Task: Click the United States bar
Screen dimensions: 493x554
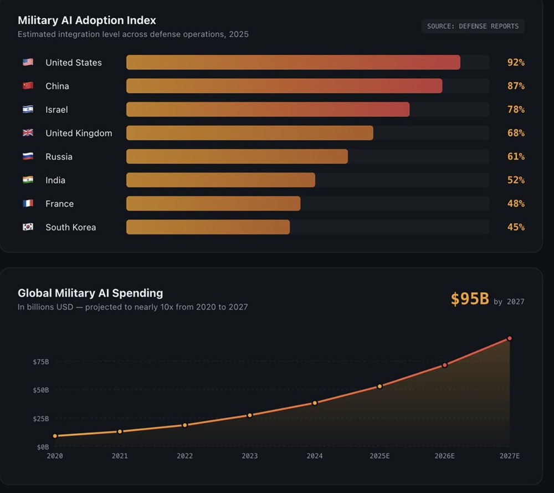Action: point(293,63)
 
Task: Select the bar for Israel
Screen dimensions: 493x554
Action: point(268,109)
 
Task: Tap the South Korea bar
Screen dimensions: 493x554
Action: point(208,227)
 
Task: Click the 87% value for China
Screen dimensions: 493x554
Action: point(516,86)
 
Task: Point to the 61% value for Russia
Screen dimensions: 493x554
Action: point(516,156)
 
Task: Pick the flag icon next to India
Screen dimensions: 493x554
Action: point(28,180)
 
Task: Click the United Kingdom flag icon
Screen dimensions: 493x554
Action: point(28,133)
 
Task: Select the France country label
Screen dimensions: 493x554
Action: point(59,204)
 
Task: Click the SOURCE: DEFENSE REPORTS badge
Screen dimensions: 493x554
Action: point(473,26)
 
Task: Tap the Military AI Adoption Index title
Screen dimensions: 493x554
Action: point(87,21)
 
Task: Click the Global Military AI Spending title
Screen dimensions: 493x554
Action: point(90,293)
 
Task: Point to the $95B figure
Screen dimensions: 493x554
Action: point(470,299)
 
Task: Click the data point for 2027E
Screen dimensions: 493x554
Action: point(509,338)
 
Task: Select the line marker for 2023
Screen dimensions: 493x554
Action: point(250,415)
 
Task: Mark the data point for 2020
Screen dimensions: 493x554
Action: point(55,436)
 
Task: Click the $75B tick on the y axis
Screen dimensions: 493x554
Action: point(40,362)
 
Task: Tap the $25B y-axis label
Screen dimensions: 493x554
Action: point(40,418)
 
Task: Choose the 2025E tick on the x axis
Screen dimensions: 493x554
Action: point(379,456)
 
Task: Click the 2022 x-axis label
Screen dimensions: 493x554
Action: point(184,456)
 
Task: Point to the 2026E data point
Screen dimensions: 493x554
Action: point(444,365)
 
